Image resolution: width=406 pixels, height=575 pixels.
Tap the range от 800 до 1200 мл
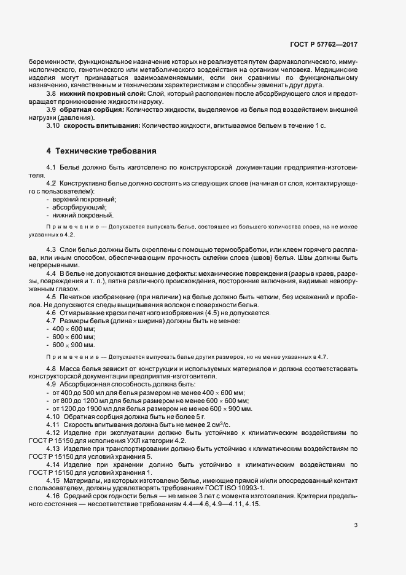85,400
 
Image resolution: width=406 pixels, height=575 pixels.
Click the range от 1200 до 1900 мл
87,408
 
